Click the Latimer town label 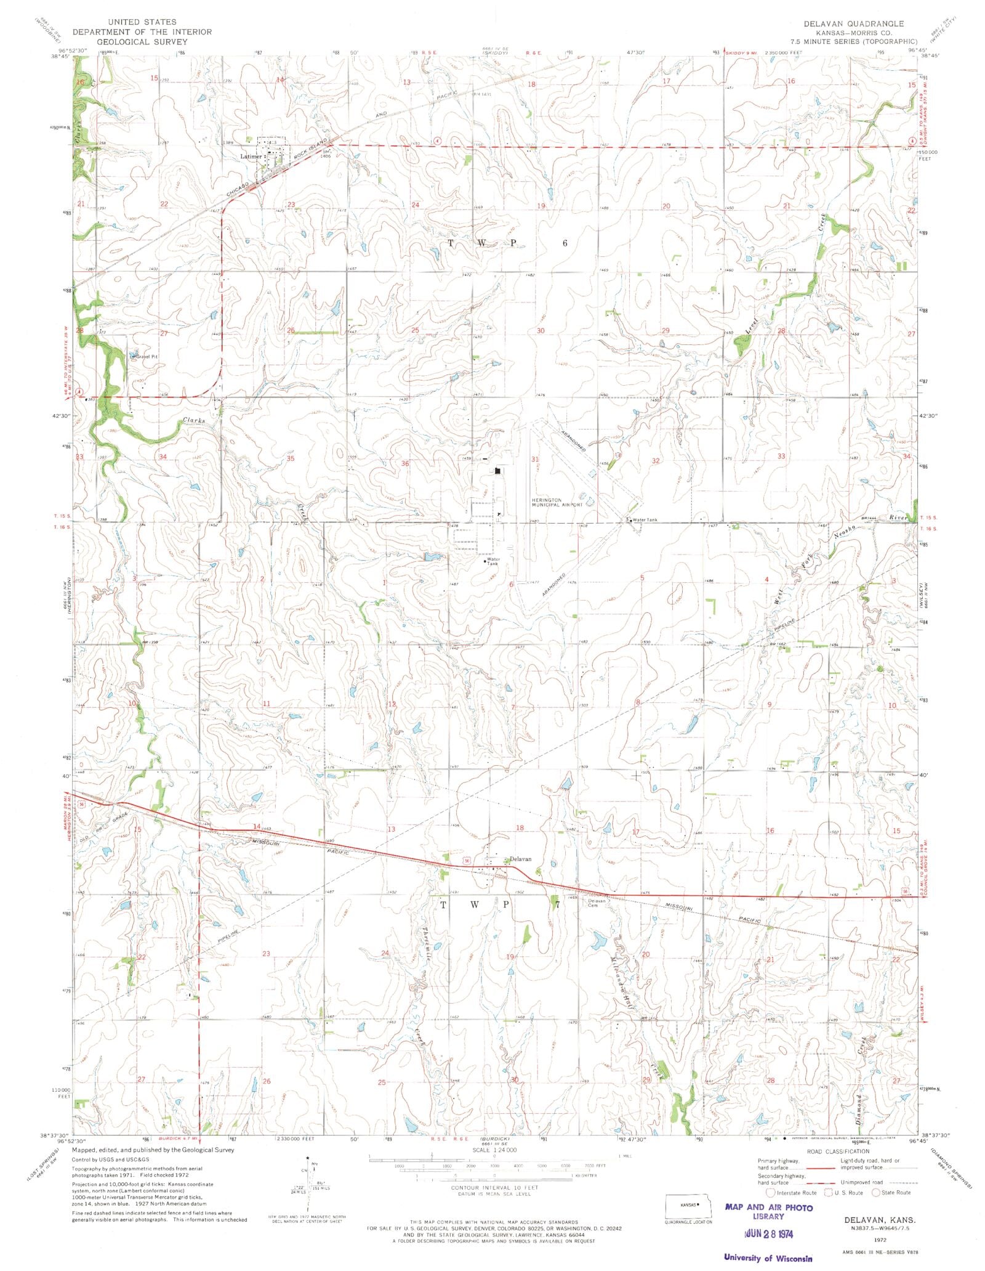[251, 156]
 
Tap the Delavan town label [520, 859]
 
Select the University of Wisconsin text [768, 1258]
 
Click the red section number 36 [404, 463]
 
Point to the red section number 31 [534, 460]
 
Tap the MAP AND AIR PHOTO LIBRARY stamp [769, 1211]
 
